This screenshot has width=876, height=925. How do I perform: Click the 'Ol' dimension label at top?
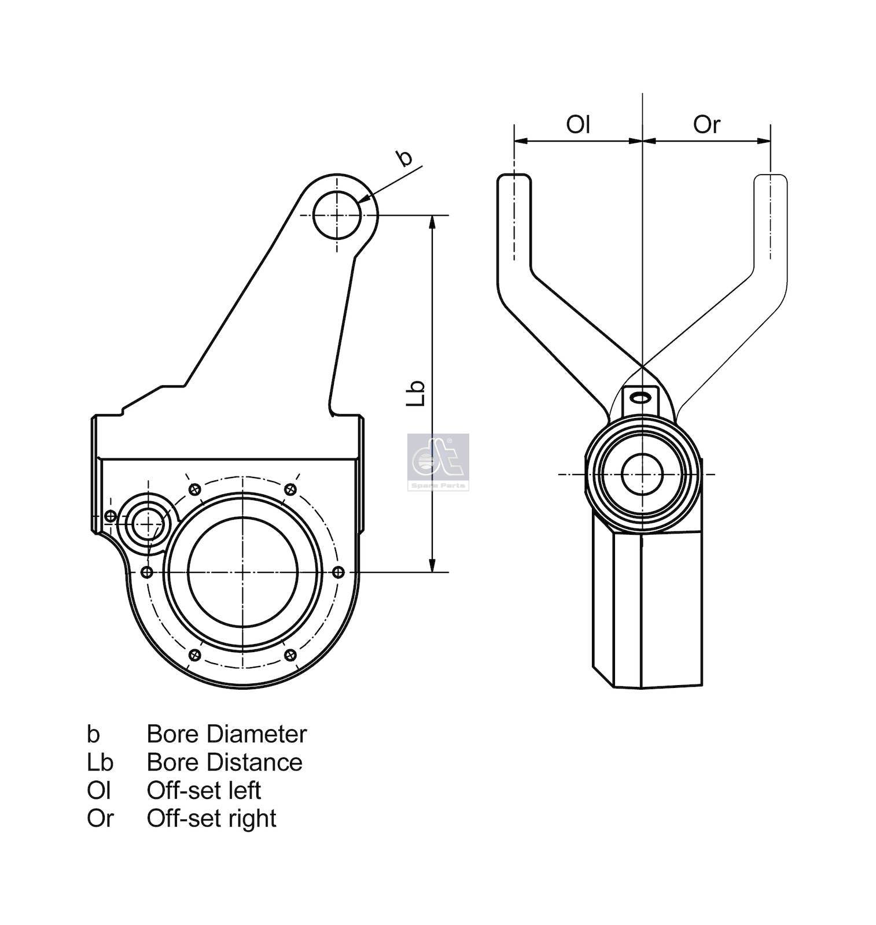[x=577, y=124]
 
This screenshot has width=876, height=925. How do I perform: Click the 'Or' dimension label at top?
[x=706, y=124]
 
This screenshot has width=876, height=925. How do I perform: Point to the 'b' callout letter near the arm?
[x=403, y=157]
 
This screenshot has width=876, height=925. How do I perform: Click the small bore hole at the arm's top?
[x=337, y=215]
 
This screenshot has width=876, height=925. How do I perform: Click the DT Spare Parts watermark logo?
[x=438, y=461]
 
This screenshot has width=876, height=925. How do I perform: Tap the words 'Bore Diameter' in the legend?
[x=226, y=734]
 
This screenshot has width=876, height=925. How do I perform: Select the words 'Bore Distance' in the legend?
[x=224, y=762]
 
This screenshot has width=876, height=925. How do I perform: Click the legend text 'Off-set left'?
[x=204, y=790]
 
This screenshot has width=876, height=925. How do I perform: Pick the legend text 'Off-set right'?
[x=211, y=818]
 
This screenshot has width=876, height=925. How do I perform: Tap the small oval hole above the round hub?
[x=641, y=397]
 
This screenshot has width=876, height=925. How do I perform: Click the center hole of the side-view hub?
[x=641, y=474]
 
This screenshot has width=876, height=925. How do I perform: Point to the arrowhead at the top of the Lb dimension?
[x=432, y=223]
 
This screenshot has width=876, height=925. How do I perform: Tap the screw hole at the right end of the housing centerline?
[x=339, y=572]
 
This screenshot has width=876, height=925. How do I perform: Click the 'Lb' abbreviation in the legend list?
[x=100, y=762]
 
